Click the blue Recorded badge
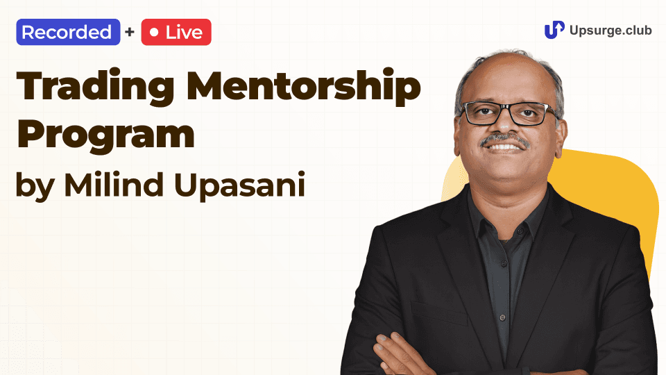(x=68, y=33)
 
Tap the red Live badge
(x=176, y=33)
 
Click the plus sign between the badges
(x=130, y=33)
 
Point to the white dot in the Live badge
(x=154, y=33)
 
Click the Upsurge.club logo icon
(x=554, y=30)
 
